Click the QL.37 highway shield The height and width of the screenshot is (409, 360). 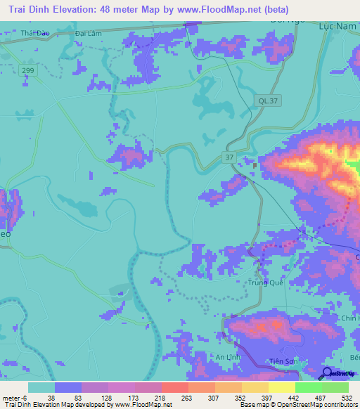tap(264, 103)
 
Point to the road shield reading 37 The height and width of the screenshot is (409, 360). tap(230, 158)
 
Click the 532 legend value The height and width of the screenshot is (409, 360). tap(347, 398)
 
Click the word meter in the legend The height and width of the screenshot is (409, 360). tap(12, 398)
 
